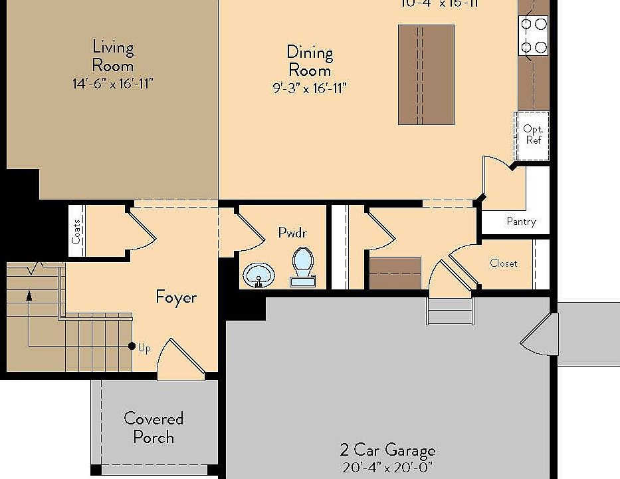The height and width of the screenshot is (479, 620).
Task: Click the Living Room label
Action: pos(113,57)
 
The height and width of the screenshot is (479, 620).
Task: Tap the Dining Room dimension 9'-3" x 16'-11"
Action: pos(310,88)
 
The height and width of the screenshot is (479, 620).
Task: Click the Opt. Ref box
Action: pos(532,135)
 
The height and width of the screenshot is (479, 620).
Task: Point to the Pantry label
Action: pos(521,222)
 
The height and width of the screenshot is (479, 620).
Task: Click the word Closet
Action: pos(503,263)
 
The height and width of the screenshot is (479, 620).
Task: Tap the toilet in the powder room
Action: pos(303,265)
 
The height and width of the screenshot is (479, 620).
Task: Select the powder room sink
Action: pos(258,275)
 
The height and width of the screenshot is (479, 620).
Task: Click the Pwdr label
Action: pos(292,233)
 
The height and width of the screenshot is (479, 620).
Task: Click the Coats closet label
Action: pos(77,231)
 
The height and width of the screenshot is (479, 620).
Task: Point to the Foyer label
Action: pos(176,297)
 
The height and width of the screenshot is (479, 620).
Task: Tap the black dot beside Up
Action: pos(132,347)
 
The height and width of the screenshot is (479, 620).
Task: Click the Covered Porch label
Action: pos(154,428)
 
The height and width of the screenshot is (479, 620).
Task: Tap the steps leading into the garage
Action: pos(451,311)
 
